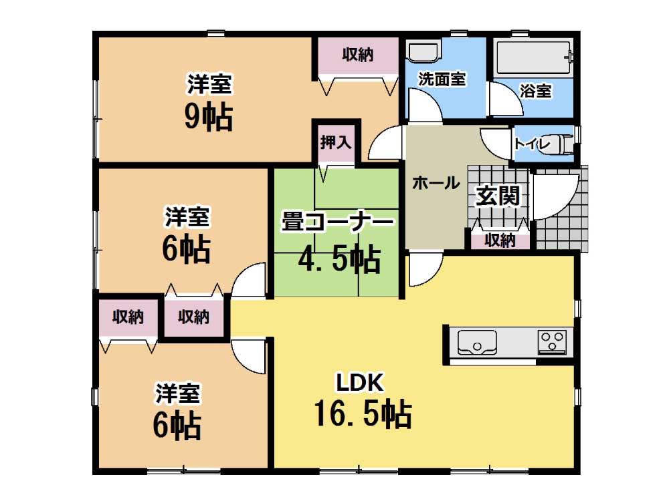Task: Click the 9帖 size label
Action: coord(209,117)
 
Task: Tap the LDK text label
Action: coord(360,383)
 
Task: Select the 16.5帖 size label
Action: coord(363,413)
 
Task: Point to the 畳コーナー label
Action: coord(337,222)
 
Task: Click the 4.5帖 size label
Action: coord(339,259)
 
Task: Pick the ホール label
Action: coord(436,183)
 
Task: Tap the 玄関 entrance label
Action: coord(498,196)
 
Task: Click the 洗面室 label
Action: coord(442,79)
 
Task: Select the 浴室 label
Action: coord(535,91)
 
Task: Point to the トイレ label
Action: coord(533,144)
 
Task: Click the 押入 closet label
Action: coord(336,142)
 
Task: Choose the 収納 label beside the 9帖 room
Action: coord(357,55)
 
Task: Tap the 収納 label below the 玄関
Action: coord(500,240)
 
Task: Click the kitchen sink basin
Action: coord(477,343)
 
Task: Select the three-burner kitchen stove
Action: coord(552,342)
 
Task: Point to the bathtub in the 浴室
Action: coord(535,57)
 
